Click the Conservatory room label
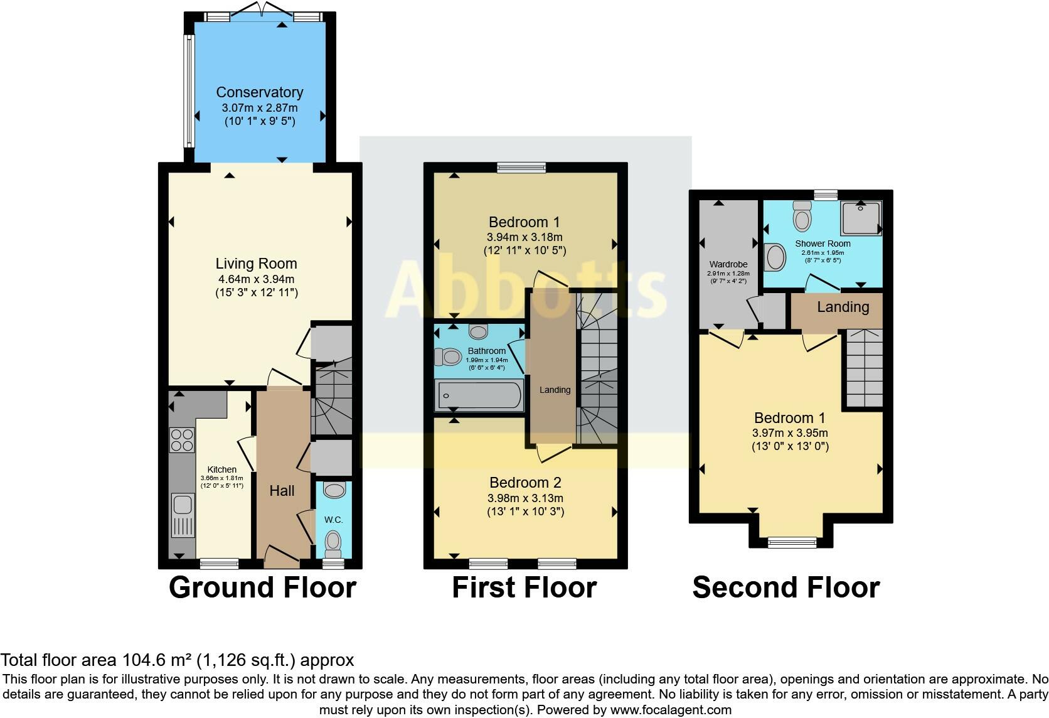(260, 92)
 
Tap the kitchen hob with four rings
(182, 440)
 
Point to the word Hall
(282, 491)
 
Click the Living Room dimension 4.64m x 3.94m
(256, 279)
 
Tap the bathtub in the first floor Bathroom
(479, 395)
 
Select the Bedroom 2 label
(525, 483)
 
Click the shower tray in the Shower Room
(861, 218)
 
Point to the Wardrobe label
(728, 264)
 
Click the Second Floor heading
(786, 587)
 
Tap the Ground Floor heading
(263, 587)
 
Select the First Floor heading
(524, 587)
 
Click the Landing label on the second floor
(843, 308)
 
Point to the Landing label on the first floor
(555, 390)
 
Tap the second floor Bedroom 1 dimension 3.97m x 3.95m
(790, 433)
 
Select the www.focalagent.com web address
(671, 710)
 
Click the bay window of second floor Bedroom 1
(792, 542)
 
